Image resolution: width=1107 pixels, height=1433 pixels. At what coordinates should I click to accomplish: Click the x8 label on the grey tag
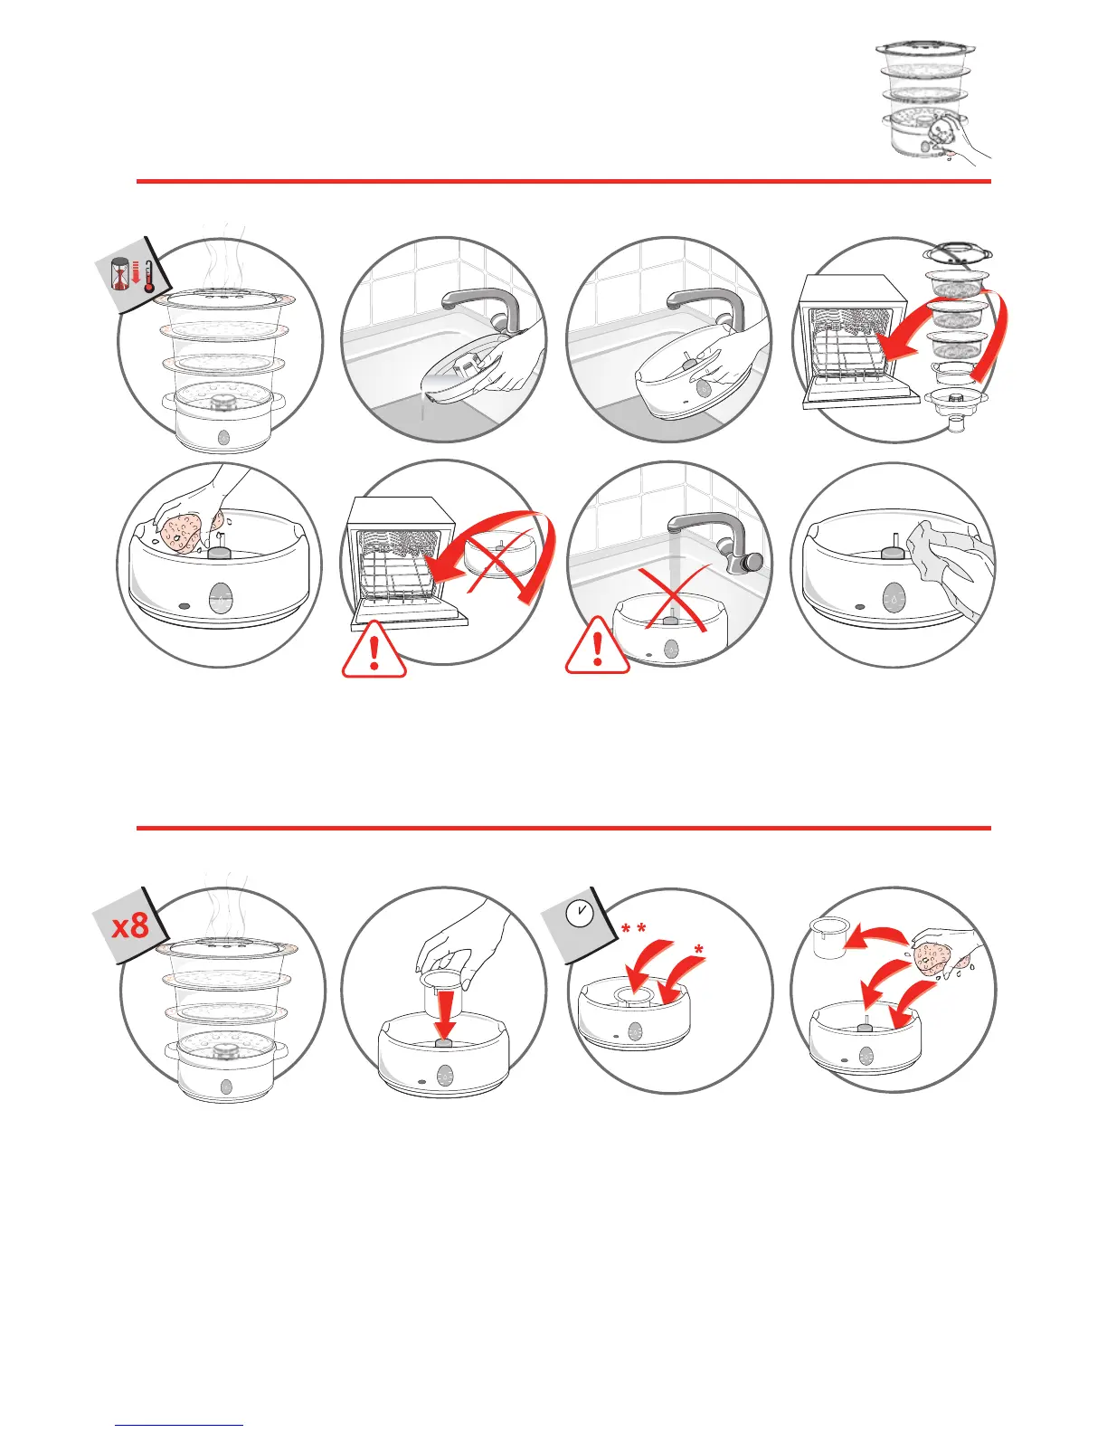pyautogui.click(x=131, y=925)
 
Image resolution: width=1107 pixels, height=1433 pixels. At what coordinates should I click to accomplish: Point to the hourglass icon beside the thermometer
pyautogui.click(x=121, y=274)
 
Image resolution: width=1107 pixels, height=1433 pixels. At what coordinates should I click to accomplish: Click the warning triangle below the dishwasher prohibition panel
pyautogui.click(x=374, y=650)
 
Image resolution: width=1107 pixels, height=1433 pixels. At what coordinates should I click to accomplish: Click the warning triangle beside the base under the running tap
pyautogui.click(x=597, y=646)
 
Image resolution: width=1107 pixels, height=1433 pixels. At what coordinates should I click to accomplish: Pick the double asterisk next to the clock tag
pyautogui.click(x=633, y=929)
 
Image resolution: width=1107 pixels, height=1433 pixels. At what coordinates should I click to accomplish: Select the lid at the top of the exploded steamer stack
pyautogui.click(x=958, y=253)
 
